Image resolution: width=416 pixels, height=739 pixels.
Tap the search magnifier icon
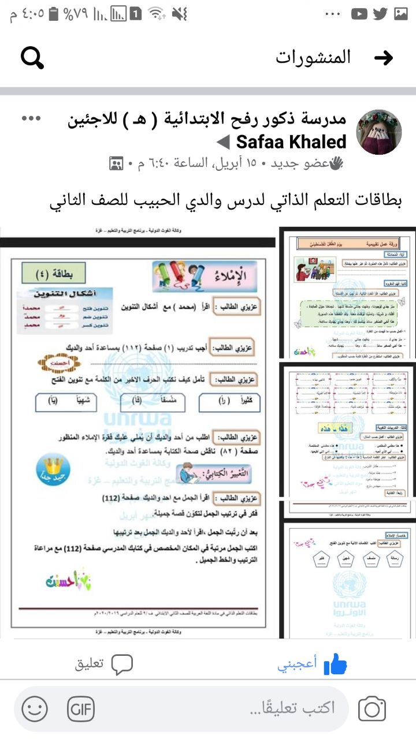32,57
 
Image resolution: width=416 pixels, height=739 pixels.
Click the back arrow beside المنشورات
384,57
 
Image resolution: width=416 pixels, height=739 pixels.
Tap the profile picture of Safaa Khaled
378,132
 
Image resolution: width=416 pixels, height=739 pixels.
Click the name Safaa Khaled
291,141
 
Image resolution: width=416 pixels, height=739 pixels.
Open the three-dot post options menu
31,118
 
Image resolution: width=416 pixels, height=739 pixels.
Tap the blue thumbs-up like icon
335,664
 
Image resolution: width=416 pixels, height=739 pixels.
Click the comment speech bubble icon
122,664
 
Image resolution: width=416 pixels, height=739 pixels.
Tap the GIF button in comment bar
80,708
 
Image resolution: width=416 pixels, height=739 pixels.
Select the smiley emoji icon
35,708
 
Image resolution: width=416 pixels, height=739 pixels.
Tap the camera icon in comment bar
372,708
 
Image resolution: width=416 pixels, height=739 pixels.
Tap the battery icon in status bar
54,14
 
